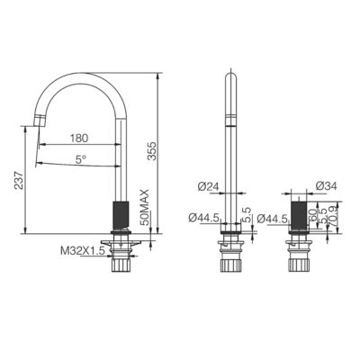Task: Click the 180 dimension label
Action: (79, 139)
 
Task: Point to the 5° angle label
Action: (81, 159)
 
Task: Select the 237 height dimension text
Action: (20, 180)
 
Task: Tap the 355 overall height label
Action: (152, 150)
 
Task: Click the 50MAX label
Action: (145, 207)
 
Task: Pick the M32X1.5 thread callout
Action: (83, 251)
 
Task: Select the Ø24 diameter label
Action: (207, 187)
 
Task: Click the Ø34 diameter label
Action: (327, 186)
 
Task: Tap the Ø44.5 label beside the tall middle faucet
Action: (204, 218)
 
